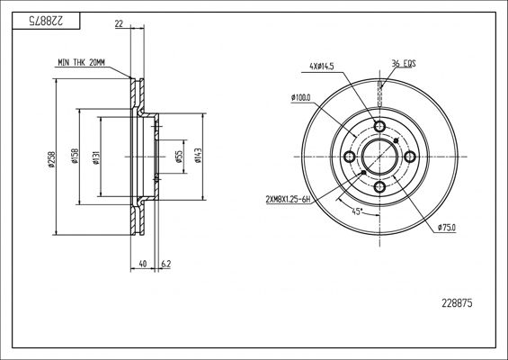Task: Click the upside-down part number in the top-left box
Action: [x=47, y=21]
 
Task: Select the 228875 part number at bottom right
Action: [x=457, y=303]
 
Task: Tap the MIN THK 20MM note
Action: [x=81, y=63]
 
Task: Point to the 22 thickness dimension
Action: [x=119, y=23]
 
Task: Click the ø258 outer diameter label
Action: [x=52, y=159]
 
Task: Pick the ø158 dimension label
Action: [x=75, y=156]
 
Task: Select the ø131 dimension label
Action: [x=96, y=157]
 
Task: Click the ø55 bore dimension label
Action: [x=179, y=157]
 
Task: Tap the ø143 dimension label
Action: [x=198, y=156]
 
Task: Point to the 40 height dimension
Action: [x=142, y=264]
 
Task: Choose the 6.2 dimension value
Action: [x=165, y=264]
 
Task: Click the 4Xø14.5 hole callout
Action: [x=322, y=67]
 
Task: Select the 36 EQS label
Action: [x=404, y=63]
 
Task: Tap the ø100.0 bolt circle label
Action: [x=300, y=97]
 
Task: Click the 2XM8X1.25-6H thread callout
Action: [x=288, y=200]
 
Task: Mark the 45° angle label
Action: [x=357, y=211]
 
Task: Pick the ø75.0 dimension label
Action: [x=446, y=228]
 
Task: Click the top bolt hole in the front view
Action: [x=379, y=126]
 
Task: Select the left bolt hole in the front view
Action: [x=349, y=157]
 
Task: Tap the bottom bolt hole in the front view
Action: [x=379, y=187]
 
